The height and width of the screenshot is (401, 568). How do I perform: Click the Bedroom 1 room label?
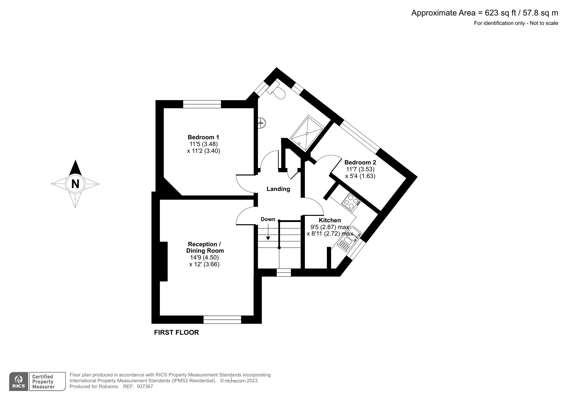point(203,137)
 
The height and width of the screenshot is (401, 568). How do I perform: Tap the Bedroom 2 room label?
point(360,163)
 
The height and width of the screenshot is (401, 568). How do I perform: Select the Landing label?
point(278,189)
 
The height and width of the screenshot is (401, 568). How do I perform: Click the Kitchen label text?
point(330,220)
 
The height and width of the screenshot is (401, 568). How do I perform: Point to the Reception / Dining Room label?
point(205,248)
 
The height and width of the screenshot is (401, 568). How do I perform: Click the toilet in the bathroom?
point(278,91)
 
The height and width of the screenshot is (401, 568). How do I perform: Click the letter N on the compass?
point(75,184)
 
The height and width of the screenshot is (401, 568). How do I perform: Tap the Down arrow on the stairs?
point(268,233)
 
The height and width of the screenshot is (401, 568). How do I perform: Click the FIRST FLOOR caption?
point(176,332)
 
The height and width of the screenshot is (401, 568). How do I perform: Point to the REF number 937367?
point(145,386)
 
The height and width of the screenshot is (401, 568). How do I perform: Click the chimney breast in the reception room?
point(164,261)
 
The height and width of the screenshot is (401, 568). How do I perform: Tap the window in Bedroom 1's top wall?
point(202,104)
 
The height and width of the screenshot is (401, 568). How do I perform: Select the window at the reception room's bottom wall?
point(222,319)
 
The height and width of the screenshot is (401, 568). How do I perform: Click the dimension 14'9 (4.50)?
point(205,258)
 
